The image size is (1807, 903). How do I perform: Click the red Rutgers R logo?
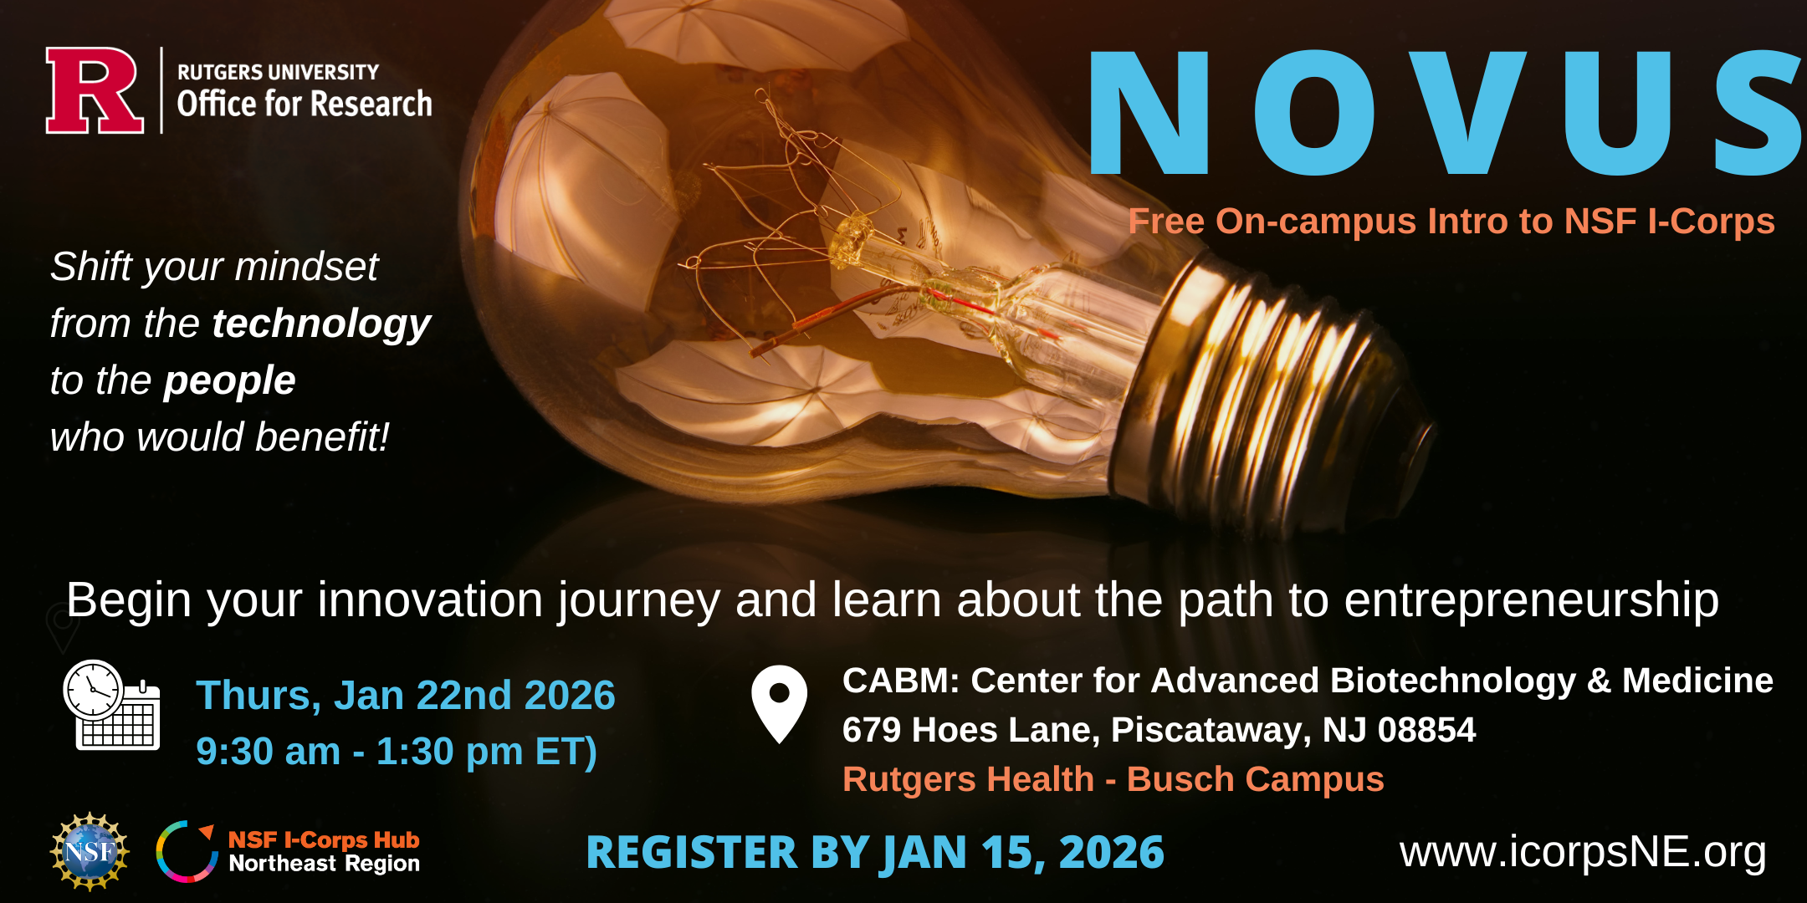[x=94, y=90]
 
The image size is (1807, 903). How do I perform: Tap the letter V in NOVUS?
[x=1468, y=112]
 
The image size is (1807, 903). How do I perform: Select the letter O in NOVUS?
[x=1314, y=112]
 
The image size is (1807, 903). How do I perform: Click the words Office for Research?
[x=305, y=104]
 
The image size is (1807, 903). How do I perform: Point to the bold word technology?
[x=321, y=324]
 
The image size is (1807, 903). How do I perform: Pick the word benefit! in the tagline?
[x=322, y=436]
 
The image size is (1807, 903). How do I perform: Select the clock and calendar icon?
[x=111, y=705]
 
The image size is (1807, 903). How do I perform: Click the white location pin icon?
[x=779, y=704]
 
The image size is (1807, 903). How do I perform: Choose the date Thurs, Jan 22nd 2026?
[x=406, y=696]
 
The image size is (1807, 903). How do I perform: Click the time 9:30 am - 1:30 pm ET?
[x=397, y=751]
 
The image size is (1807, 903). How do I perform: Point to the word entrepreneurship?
[x=1532, y=601]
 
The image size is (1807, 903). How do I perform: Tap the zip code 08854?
[x=1426, y=730]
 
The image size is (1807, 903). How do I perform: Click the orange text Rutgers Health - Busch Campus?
[x=1113, y=779]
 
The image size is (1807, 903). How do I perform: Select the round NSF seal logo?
[x=90, y=852]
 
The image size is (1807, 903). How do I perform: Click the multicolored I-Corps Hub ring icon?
[x=187, y=851]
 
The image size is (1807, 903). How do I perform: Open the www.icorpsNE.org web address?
[x=1583, y=853]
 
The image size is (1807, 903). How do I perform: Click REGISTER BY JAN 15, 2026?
[x=875, y=853]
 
